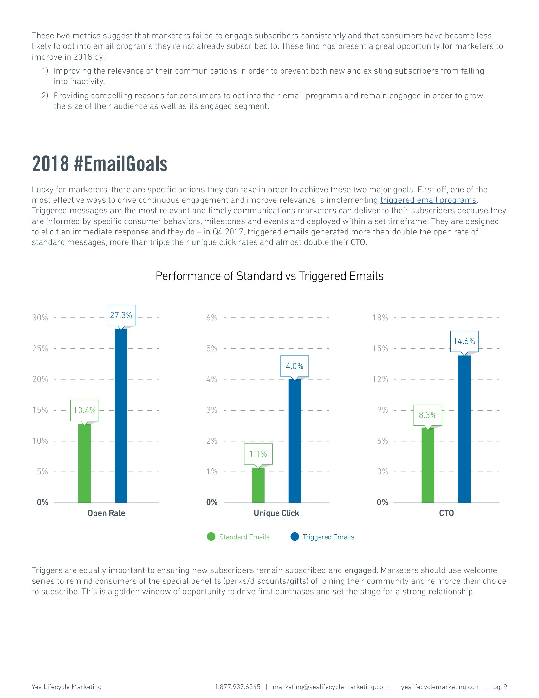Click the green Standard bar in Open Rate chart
click(x=85, y=463)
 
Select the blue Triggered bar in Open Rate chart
click(x=121, y=416)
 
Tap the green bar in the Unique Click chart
click(x=258, y=485)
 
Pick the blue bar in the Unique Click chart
click(x=295, y=441)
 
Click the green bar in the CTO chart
click(x=428, y=465)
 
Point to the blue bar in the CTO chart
click(x=464, y=429)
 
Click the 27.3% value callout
click(x=121, y=315)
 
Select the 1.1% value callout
click(x=258, y=454)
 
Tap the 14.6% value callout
click(x=464, y=341)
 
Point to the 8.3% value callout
click(x=428, y=415)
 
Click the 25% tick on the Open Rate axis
click(x=40, y=348)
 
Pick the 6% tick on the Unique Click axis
click(x=212, y=318)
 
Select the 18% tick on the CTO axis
click(x=380, y=318)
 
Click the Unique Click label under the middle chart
click(x=276, y=513)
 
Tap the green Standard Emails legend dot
click(x=211, y=537)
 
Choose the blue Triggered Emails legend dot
click(x=295, y=537)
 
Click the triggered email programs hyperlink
click(x=428, y=201)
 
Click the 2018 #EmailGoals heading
click(x=100, y=164)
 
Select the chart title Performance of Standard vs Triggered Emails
click(x=269, y=276)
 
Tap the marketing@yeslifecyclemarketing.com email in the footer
click(x=331, y=687)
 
